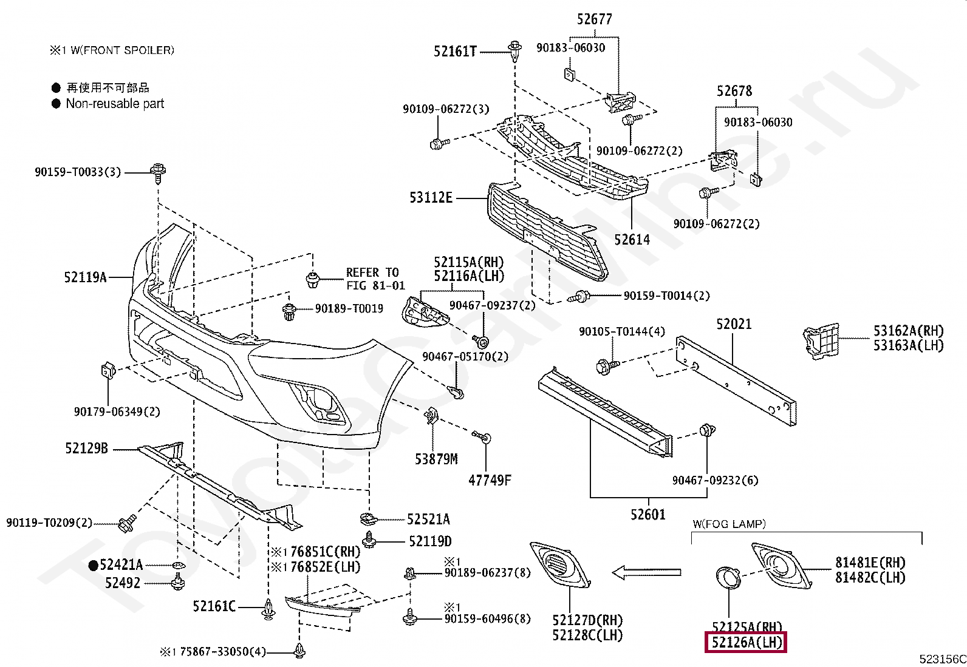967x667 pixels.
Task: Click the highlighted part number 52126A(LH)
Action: click(x=745, y=642)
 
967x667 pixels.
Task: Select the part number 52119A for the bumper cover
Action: click(x=85, y=277)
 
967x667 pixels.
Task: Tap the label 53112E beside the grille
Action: click(x=431, y=197)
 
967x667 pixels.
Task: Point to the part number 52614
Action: click(x=631, y=240)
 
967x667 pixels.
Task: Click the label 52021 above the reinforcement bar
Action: click(x=733, y=324)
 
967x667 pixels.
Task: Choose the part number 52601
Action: click(x=648, y=515)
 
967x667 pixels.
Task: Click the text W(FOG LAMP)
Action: click(x=729, y=524)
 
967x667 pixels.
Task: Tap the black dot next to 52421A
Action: click(x=93, y=566)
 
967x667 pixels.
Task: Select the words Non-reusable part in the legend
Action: click(x=115, y=104)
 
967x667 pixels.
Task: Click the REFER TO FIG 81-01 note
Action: click(x=375, y=279)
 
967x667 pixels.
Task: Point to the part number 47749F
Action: click(x=489, y=480)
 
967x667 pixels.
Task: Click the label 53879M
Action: click(x=436, y=459)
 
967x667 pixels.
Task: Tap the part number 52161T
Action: click(x=455, y=52)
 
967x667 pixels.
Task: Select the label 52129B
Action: click(x=86, y=449)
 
